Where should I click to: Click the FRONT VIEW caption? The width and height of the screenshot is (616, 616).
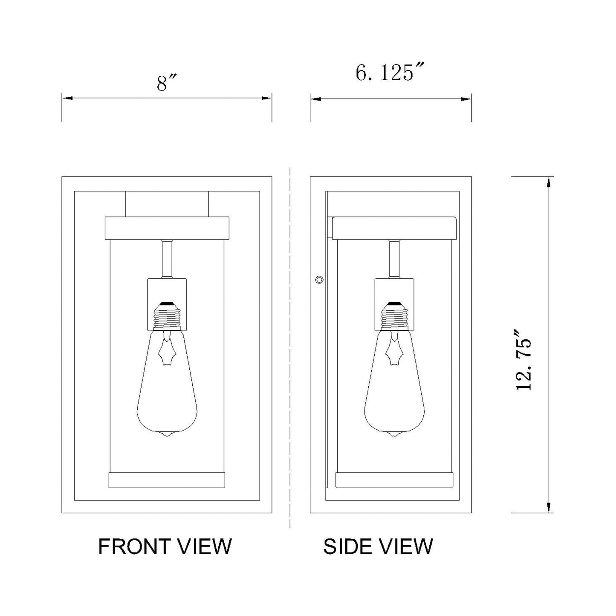click(165, 546)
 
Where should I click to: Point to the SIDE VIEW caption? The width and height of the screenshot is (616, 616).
click(378, 546)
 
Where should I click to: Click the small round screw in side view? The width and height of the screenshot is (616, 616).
click(319, 280)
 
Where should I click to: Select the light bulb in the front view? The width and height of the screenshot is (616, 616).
click(167, 384)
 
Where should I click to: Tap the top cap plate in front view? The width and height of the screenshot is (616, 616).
click(167, 228)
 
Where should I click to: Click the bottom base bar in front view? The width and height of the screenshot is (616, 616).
click(167, 480)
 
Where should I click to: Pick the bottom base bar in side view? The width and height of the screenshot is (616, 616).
click(395, 480)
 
